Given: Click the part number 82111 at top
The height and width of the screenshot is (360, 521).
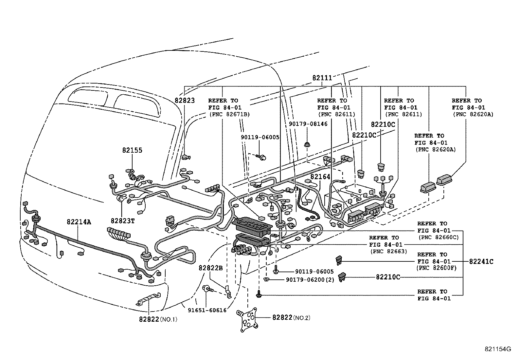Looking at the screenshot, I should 322,78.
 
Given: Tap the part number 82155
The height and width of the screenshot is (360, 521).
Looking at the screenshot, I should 132,150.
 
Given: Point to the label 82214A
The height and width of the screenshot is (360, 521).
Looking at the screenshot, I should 79,222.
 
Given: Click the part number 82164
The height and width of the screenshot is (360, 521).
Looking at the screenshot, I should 320,177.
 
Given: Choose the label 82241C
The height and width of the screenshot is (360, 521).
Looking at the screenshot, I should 481,261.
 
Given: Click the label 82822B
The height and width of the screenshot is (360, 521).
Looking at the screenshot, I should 211,268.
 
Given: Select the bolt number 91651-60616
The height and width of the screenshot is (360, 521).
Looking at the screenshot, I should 207,310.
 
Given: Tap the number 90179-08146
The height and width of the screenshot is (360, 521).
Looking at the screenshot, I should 308,124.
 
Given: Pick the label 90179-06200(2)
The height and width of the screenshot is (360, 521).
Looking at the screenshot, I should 310,280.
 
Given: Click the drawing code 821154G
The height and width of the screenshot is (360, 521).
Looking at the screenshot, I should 498,349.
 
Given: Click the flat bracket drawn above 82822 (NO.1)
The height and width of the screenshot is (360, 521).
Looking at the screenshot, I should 148,298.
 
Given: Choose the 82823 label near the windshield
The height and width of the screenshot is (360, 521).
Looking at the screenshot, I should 185,101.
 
